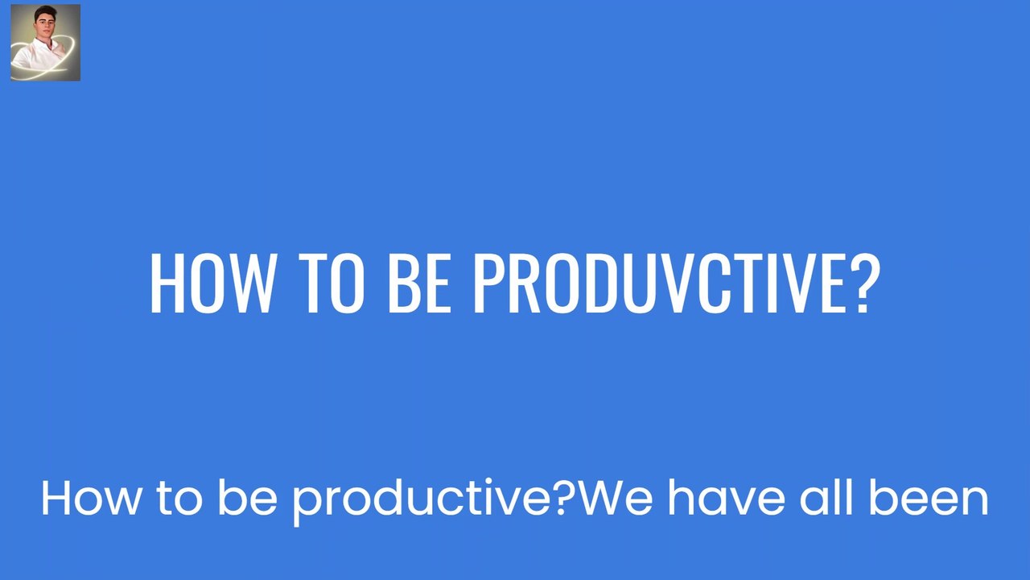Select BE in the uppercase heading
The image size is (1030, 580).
click(419, 283)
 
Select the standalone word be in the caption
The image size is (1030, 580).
click(247, 497)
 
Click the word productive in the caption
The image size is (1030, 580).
click(423, 502)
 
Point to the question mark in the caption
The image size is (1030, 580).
click(566, 497)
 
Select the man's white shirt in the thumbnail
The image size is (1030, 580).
click(38, 56)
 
